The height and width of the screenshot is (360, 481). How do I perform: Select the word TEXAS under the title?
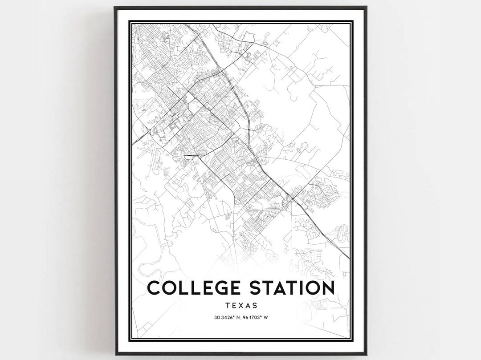[240, 306]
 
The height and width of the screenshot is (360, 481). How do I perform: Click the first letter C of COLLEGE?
[154, 288]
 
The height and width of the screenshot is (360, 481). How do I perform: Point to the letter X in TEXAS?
[240, 306]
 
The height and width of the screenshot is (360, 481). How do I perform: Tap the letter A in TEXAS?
[247, 306]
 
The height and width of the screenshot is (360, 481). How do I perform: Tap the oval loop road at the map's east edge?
[342, 233]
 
